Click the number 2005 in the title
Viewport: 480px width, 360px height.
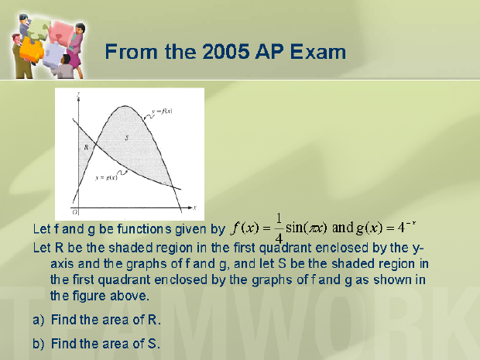pos(225,51)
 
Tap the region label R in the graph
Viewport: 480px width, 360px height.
pos(86,147)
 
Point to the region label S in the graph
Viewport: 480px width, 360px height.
pos(127,138)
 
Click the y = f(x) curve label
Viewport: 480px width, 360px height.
pos(162,111)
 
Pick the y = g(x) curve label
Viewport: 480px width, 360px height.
pos(106,177)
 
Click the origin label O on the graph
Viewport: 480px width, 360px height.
pos(74,212)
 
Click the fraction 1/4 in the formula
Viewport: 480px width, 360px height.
pos(279,228)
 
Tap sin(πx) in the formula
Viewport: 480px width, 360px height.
pos(307,228)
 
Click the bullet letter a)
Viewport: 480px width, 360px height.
pos(39,320)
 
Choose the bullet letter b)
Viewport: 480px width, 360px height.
pos(39,344)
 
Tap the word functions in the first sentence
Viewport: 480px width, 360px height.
pos(144,229)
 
